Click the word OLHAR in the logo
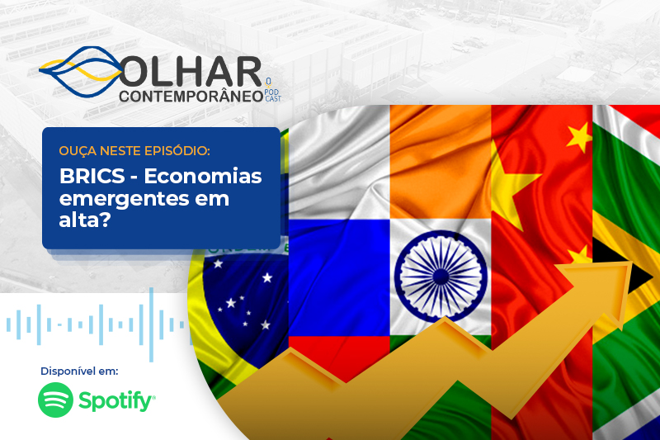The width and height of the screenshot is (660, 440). tap(191, 72)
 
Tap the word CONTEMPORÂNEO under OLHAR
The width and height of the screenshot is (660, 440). tap(191, 96)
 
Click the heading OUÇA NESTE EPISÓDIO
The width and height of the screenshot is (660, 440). tap(134, 151)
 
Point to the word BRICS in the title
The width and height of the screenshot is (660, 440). tap(92, 176)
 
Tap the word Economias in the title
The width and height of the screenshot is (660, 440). tap(203, 176)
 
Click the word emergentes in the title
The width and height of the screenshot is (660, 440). tap(125, 199)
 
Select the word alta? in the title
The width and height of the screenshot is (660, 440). tap(85, 220)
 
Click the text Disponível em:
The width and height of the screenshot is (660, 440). tap(79, 371)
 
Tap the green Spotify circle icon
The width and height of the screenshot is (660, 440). tap(55, 400)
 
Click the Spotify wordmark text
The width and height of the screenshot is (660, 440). tap(116, 400)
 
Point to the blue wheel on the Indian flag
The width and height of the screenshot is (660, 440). tap(441, 277)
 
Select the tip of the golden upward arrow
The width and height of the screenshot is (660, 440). tap(632, 263)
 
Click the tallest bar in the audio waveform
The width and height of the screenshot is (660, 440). tap(152, 324)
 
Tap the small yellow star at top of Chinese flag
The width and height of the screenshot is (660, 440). tap(580, 136)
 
